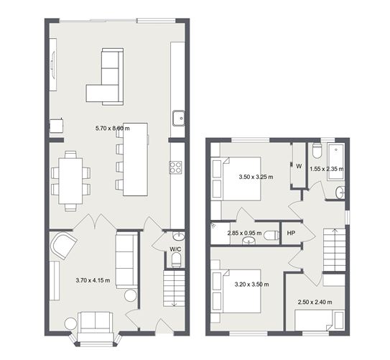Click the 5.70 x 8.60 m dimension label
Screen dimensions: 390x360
[113, 129]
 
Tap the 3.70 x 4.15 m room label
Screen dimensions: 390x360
[93, 280]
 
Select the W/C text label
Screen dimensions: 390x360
[175, 249]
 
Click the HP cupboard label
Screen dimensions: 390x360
[291, 233]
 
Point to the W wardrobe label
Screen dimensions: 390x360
[299, 166]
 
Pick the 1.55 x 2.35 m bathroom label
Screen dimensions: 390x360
[327, 169]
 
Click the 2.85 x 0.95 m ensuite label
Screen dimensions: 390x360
[244, 233]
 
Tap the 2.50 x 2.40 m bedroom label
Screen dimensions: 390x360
[315, 302]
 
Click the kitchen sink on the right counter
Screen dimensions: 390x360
[179, 118]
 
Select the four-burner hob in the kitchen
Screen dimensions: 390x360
[175, 167]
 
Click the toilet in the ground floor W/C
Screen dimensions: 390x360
[177, 260]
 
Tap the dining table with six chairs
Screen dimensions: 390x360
[70, 181]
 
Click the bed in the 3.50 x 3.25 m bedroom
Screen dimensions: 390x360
[236, 179]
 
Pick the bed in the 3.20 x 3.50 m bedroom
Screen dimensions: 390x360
[236, 291]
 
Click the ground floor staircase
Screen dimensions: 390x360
[174, 289]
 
